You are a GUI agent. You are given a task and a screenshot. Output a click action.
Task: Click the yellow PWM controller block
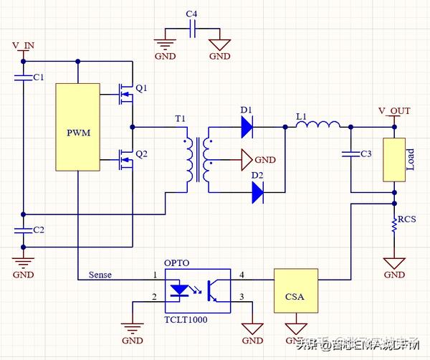coord(77,126)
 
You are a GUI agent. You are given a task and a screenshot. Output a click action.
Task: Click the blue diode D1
coord(247,127)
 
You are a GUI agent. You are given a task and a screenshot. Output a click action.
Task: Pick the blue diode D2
coord(257,190)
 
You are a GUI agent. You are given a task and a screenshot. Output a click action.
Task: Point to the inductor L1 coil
coord(318,127)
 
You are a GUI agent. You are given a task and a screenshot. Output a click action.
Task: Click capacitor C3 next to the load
coord(351,154)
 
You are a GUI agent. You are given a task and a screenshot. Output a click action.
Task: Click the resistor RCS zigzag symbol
coord(395,224)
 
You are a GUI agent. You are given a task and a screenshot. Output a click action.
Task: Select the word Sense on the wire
coord(100,275)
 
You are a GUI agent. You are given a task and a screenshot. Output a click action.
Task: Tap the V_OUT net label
coord(394,111)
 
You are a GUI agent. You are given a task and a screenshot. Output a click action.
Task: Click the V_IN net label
coord(23,46)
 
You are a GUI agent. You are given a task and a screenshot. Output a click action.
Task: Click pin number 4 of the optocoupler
coord(242,275)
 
